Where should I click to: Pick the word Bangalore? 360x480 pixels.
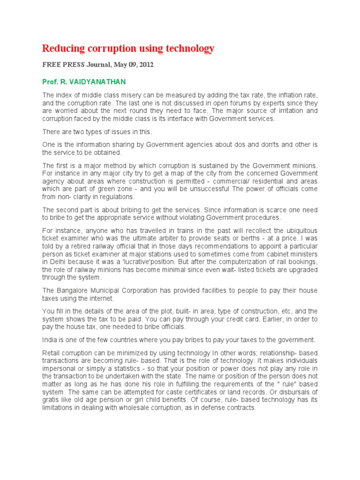tap(72, 290)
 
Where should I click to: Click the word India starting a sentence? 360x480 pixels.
tap(50, 339)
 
